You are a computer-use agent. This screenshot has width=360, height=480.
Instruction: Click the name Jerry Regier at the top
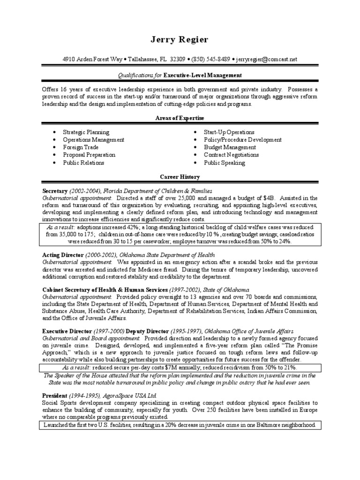180,39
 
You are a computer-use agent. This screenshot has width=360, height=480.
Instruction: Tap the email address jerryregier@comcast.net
266,60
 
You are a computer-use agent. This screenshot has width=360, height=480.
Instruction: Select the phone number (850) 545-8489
210,60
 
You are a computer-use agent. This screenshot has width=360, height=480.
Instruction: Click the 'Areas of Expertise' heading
180,118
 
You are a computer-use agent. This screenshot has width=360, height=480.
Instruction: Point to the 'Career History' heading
180,177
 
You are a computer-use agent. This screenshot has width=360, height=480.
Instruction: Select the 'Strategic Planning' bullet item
86,133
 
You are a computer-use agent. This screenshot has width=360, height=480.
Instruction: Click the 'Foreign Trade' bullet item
81,147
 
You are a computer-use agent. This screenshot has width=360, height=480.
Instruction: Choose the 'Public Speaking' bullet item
224,163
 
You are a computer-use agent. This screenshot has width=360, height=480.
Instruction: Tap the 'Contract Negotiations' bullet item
231,155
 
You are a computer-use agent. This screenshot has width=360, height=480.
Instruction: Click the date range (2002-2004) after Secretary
85,191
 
